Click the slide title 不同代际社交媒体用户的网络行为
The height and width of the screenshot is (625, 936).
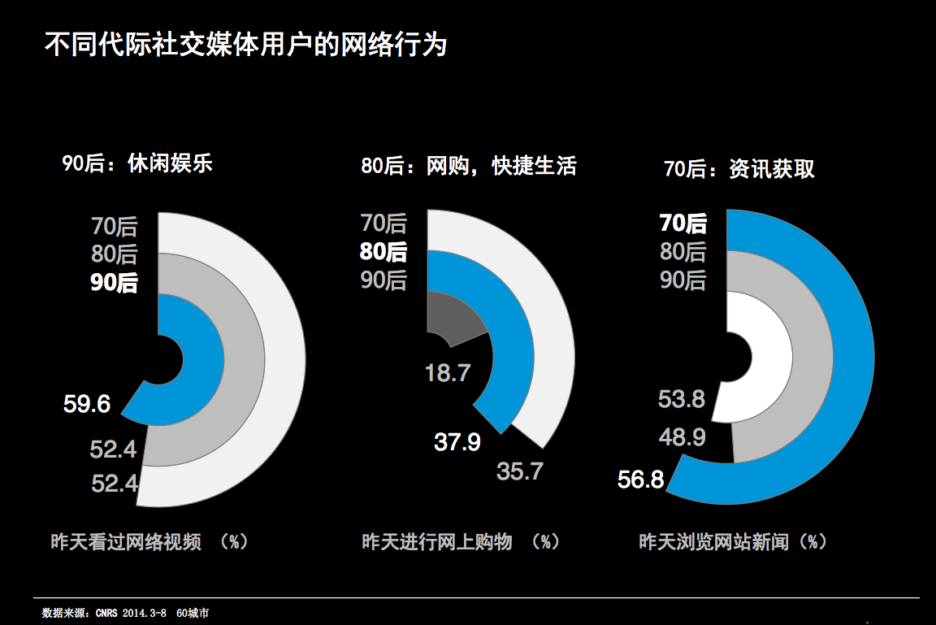(245, 46)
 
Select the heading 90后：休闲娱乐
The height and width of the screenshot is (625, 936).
(137, 163)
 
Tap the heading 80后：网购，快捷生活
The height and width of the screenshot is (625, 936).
(469, 166)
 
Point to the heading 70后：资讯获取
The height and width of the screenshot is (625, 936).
(739, 169)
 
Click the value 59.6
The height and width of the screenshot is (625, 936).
(87, 404)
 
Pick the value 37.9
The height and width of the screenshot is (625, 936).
(457, 442)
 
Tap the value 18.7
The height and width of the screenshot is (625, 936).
(448, 373)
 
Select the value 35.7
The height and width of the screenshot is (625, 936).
(519, 471)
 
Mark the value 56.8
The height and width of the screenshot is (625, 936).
(641, 480)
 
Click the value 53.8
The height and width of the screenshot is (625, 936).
(682, 399)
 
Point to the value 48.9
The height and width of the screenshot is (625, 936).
(682, 437)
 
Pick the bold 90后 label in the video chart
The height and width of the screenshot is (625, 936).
(115, 284)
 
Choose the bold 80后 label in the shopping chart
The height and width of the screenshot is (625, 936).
(383, 251)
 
